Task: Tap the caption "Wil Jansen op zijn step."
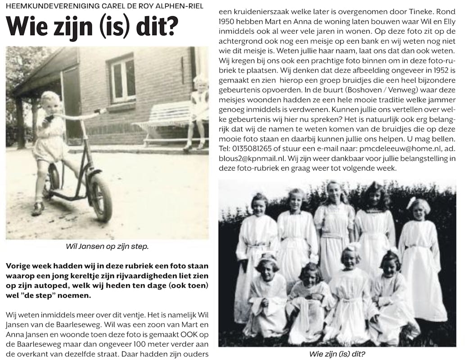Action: (107, 247)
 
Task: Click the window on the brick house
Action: (122, 79)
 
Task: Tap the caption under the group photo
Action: (337, 354)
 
